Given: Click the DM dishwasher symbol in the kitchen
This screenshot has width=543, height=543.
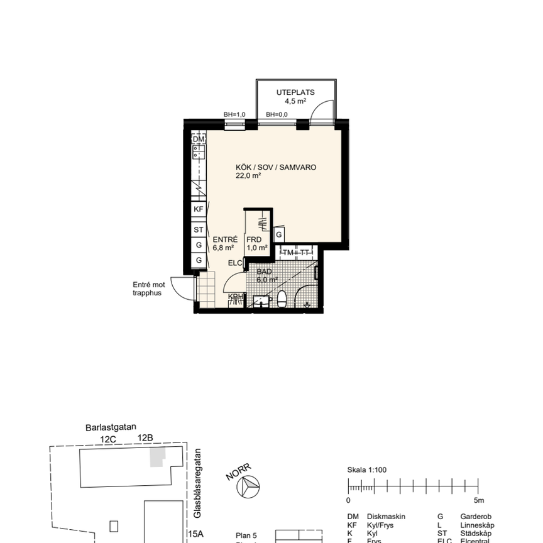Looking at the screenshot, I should click(x=199, y=139).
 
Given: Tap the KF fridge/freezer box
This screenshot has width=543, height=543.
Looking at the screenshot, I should click(x=199, y=209).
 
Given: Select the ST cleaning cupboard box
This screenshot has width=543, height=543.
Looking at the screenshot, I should click(x=199, y=229).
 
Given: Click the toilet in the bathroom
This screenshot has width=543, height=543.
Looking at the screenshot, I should click(x=283, y=299).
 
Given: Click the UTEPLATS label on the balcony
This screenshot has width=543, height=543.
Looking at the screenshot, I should click(x=295, y=92).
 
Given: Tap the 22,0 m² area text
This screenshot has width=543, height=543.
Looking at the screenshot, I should click(x=248, y=176).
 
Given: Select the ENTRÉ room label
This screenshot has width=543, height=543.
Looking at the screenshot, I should click(x=224, y=239).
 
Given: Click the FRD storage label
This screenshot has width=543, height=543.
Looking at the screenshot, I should click(x=253, y=239).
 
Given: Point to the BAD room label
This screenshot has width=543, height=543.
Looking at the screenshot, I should click(x=264, y=272).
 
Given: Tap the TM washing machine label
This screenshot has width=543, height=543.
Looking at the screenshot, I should click(x=288, y=253).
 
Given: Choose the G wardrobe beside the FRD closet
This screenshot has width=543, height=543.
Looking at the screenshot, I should click(x=279, y=234).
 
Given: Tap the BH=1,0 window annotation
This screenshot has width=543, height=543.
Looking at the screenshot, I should click(x=234, y=115).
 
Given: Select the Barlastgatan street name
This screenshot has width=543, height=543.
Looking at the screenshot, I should click(x=111, y=427).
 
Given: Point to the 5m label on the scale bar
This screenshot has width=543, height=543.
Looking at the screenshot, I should click(x=480, y=501).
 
